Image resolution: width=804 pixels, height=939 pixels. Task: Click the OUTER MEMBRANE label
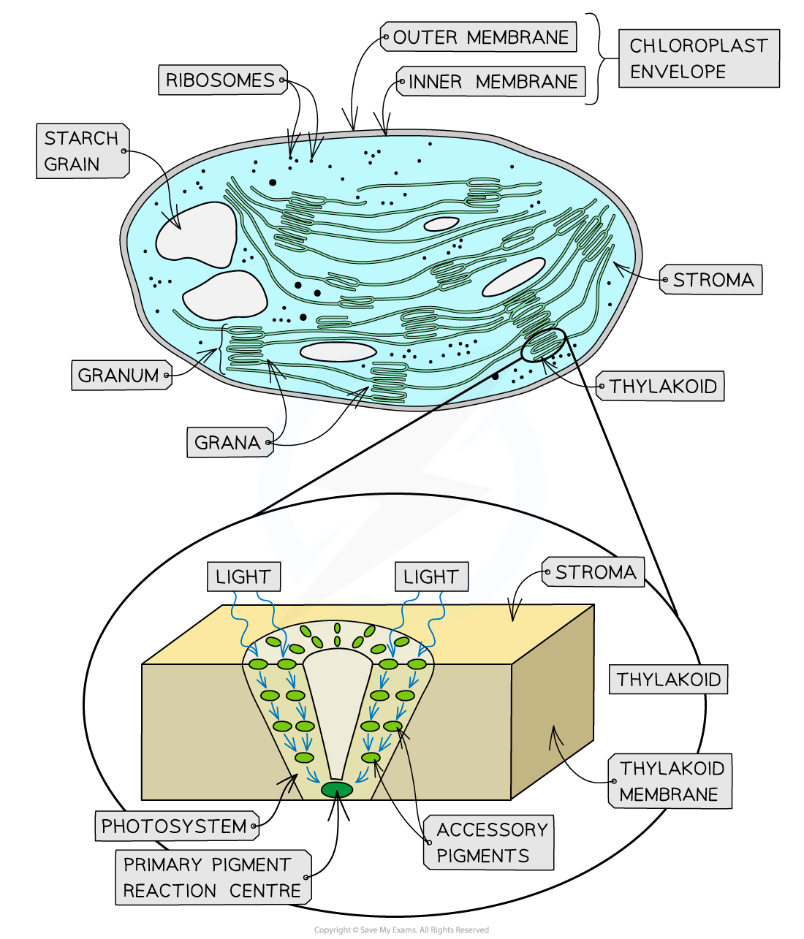[479, 37]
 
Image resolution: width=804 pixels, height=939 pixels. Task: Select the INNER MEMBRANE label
[491, 82]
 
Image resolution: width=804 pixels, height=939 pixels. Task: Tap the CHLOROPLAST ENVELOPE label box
[698, 58]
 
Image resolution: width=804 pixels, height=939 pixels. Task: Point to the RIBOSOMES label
[221, 80]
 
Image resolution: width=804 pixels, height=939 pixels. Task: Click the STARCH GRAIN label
[82, 151]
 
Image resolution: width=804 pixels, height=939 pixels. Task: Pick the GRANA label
[228, 443]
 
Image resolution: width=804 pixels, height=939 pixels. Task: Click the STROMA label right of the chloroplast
[712, 280]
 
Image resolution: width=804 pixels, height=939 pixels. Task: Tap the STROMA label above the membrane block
[594, 572]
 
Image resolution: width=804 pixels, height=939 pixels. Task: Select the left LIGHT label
[243, 577]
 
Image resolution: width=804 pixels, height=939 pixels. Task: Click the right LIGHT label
[431, 577]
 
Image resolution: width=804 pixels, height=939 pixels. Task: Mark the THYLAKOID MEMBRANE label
[670, 781]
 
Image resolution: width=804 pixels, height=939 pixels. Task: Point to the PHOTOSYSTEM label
[175, 826]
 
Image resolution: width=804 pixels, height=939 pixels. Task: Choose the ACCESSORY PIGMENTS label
[490, 843]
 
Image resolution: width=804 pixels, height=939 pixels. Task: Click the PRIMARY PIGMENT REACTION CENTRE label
[212, 878]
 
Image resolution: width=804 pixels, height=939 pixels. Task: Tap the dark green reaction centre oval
[337, 789]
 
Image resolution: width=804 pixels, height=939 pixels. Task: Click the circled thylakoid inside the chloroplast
[543, 346]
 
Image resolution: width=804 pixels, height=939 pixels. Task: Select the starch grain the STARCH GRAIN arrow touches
[196, 234]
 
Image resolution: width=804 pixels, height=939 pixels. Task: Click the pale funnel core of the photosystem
[338, 702]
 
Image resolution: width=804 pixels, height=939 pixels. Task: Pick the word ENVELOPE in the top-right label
[678, 72]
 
